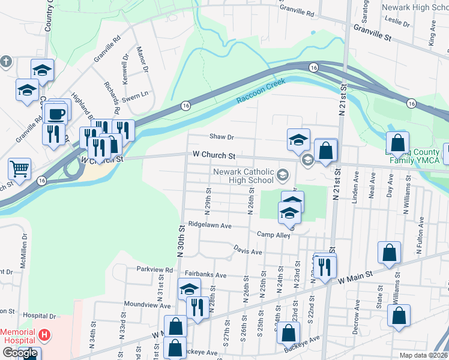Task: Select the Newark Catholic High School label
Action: point(244,176)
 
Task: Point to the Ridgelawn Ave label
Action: point(209,226)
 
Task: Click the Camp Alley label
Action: point(274,235)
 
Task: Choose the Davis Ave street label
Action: point(248,252)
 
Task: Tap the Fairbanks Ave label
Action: point(205,275)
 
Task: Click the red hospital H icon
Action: point(43,334)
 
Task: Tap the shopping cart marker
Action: point(20,170)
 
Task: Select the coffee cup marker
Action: point(56,113)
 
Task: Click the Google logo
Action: point(20,353)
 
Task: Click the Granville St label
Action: point(372,32)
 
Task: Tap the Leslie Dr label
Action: point(398,22)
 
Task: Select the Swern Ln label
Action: point(135,95)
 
